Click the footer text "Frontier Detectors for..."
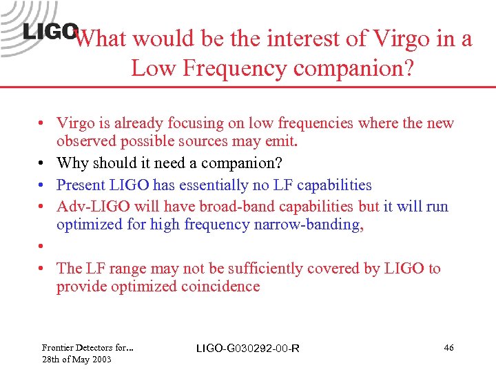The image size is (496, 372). (87, 347)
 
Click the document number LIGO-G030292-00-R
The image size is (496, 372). (248, 349)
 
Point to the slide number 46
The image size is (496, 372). (448, 348)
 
